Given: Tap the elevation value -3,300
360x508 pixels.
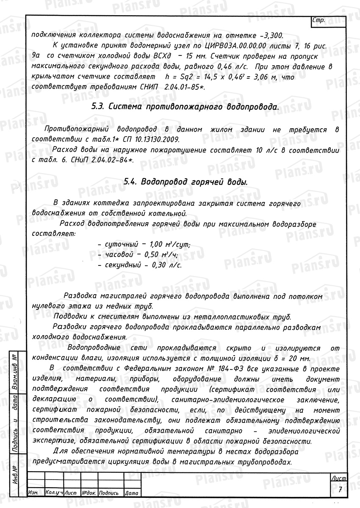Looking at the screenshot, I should click(x=272, y=35).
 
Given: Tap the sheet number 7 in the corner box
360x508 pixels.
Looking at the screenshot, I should click(x=340, y=489).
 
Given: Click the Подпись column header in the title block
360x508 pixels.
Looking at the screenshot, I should click(x=110, y=493).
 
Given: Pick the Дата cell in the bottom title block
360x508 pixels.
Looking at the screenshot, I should click(x=131, y=493).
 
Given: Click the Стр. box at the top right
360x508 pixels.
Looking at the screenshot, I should click(x=318, y=20).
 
